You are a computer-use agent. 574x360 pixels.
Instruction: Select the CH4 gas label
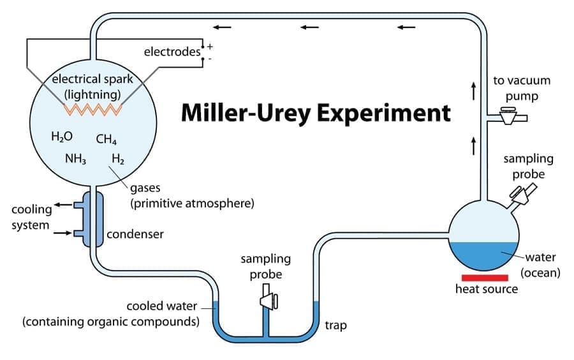coord(107,139)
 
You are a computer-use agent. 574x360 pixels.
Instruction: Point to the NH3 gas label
coord(75,158)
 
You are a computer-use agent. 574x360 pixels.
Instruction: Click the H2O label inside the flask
coord(62,136)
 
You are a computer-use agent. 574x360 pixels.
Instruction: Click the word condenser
coord(135,234)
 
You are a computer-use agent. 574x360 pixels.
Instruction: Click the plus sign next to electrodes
coord(210,47)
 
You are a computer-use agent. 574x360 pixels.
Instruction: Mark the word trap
coord(336,326)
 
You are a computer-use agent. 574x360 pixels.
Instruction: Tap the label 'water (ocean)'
coord(540,265)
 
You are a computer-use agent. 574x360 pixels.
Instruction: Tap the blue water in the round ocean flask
coord(485,255)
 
